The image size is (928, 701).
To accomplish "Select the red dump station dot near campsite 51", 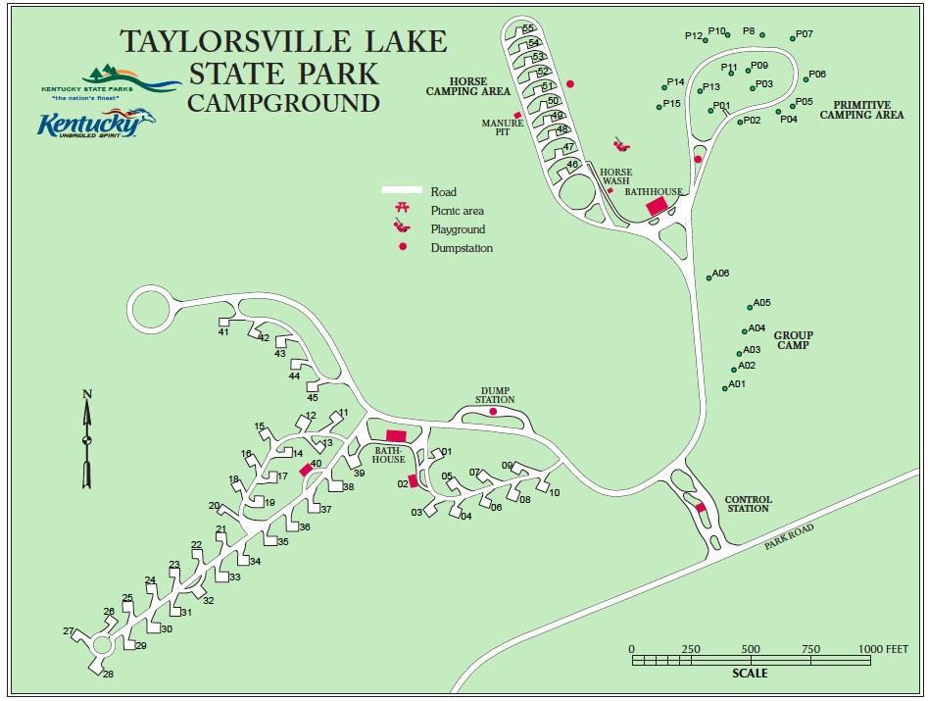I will click(x=569, y=84).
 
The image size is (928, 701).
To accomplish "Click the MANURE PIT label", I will click(x=503, y=128).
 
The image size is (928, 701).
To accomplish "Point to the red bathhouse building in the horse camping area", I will click(x=656, y=207).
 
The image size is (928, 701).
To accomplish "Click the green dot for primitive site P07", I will click(x=793, y=38).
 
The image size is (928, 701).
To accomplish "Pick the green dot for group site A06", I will click(x=709, y=277).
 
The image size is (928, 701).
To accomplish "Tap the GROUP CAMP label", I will click(x=794, y=340).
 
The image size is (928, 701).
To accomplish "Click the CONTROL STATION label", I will click(x=748, y=504).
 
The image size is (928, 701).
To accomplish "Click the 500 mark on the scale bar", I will click(x=751, y=649).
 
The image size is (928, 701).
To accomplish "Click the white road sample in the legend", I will click(x=402, y=191).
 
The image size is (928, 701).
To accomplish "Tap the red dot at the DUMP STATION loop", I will click(x=493, y=412).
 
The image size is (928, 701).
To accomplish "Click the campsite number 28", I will click(x=108, y=675).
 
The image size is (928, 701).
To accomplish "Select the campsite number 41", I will click(x=223, y=332).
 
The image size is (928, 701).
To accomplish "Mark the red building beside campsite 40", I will click(x=305, y=470).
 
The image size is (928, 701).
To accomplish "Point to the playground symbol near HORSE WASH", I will click(x=619, y=145).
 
